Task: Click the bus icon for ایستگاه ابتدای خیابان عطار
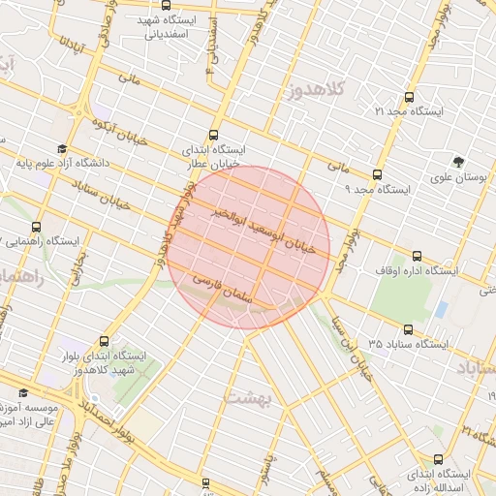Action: click(x=213, y=136)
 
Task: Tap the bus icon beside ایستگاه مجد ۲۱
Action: click(x=408, y=97)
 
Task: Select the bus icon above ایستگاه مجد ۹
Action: click(x=378, y=174)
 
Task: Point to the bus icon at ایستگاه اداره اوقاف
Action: click(x=418, y=256)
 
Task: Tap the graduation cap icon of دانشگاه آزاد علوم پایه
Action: click(x=62, y=148)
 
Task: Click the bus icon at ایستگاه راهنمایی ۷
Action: click(x=37, y=225)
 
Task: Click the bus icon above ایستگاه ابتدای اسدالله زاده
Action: click(x=440, y=459)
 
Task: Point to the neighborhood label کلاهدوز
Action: click(x=316, y=92)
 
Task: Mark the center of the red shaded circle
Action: click(x=250, y=247)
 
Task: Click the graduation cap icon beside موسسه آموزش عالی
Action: click(x=24, y=393)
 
